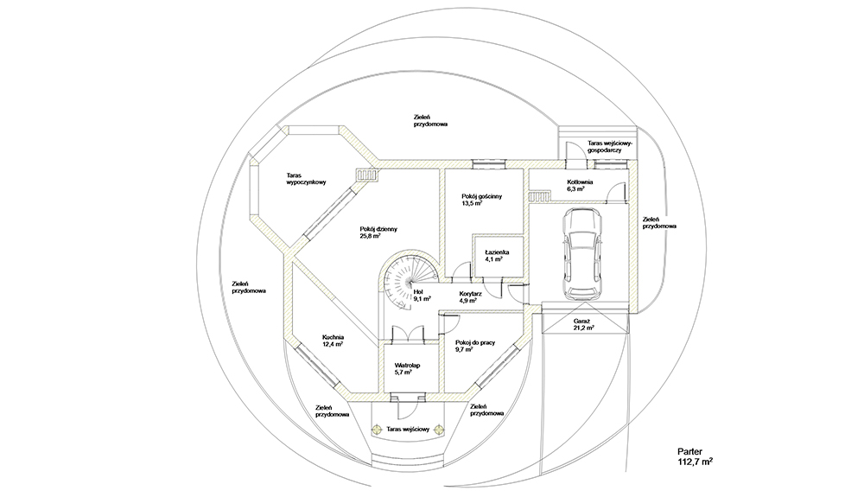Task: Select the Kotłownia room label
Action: (580, 182)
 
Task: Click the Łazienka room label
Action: (497, 252)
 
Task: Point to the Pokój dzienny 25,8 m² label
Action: (378, 233)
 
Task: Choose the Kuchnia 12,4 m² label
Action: (334, 341)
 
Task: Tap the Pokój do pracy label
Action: (475, 343)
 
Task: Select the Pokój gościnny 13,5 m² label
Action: (482, 200)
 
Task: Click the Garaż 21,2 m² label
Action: (583, 324)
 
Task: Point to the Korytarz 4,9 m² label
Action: (471, 297)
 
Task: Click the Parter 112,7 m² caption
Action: (695, 456)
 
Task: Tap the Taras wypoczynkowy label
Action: (307, 179)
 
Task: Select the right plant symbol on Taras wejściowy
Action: (439, 430)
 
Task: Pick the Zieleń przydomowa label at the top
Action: (430, 121)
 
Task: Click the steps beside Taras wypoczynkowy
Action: (367, 175)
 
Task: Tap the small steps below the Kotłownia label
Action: (540, 197)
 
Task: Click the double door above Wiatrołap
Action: (408, 335)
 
